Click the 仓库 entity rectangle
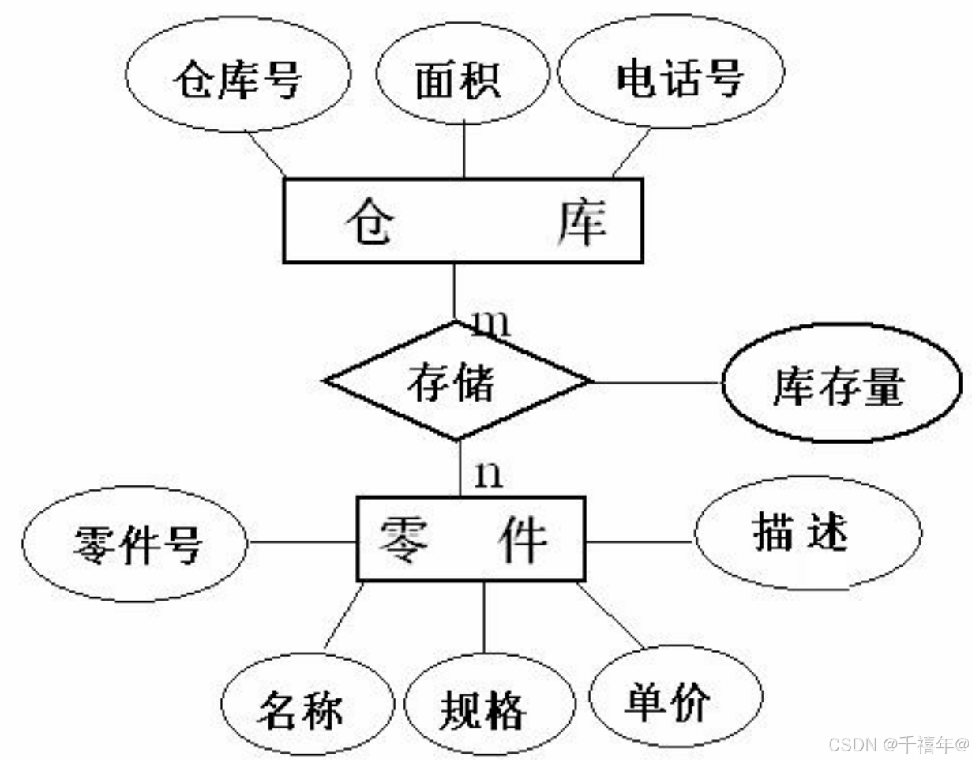(463, 221)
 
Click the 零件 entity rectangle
(471, 540)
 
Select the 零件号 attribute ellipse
(134, 544)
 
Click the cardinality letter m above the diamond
(490, 324)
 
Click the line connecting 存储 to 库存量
(655, 383)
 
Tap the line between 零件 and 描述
(640, 542)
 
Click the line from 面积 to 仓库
(463, 150)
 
